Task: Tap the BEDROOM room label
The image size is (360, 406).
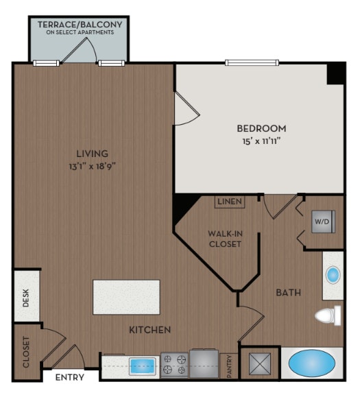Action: click(261, 128)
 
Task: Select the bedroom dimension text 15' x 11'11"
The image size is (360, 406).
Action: click(261, 142)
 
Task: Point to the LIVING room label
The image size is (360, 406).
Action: click(91, 154)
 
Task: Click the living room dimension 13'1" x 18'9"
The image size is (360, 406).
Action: click(91, 166)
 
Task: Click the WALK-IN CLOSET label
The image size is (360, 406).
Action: click(225, 239)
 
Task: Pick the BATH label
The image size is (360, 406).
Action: click(289, 293)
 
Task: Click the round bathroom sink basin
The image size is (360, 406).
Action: click(333, 276)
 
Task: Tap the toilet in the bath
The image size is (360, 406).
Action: click(329, 316)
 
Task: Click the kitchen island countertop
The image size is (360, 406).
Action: click(126, 297)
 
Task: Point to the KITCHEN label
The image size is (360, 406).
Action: click(149, 330)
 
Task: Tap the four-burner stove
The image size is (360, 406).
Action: click(174, 364)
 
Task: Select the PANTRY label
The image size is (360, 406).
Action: click(230, 364)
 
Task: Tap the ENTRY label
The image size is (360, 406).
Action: click(69, 377)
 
